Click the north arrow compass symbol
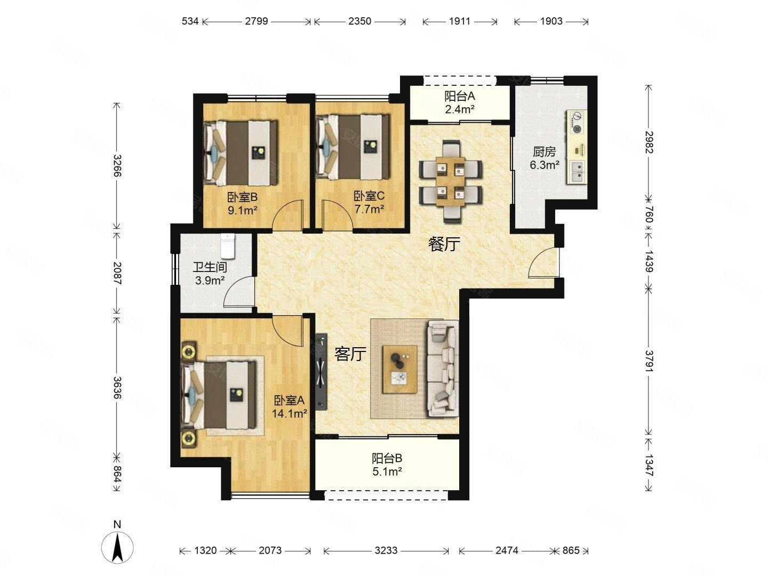pos(117,547)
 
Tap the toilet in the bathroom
pos(228,245)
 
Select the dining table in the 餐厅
pos(450,181)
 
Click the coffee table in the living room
pos(399,369)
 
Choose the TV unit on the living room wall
pos(321,371)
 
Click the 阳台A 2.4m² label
pos(459,102)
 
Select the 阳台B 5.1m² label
pos(387,465)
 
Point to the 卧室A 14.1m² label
pos(290,407)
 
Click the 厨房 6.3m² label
pos(545,158)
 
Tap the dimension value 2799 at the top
pos(257,21)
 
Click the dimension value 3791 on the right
pos(649,361)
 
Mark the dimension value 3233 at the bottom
pos(386,550)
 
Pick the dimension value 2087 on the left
pos(117,273)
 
